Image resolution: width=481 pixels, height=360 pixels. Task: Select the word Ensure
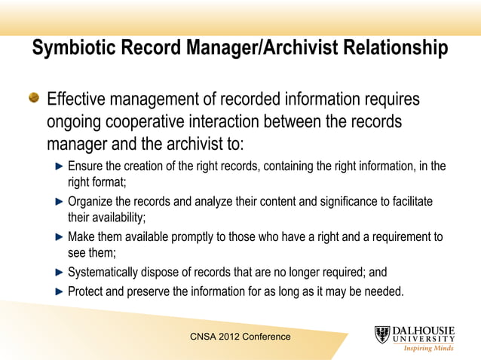[x=86, y=166]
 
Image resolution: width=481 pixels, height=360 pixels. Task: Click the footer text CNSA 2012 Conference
[x=240, y=337]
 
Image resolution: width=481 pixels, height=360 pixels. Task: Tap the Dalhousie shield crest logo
[x=383, y=335]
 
